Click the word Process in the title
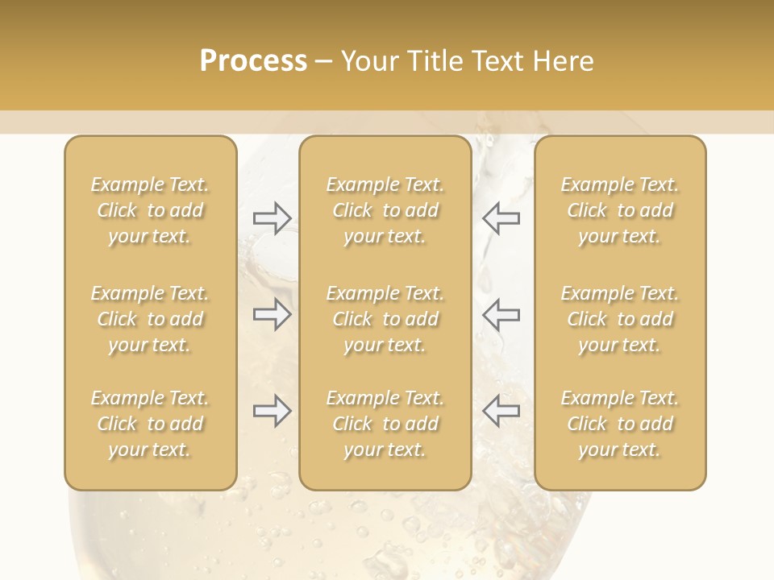pyautogui.click(x=253, y=60)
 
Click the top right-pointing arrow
pyautogui.click(x=273, y=218)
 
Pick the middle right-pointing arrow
pyautogui.click(x=273, y=314)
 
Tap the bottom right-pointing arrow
pyautogui.click(x=273, y=411)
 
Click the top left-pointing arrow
pyautogui.click(x=501, y=218)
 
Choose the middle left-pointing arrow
pyautogui.click(x=501, y=314)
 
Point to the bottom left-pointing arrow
pyautogui.click(x=501, y=411)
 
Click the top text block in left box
pyautogui.click(x=150, y=210)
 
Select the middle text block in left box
pyautogui.click(x=150, y=319)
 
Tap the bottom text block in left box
pyautogui.click(x=150, y=424)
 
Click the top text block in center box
pyautogui.click(x=385, y=210)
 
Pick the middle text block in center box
pyautogui.click(x=385, y=319)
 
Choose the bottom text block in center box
pyautogui.click(x=385, y=424)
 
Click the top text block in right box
pyautogui.click(x=620, y=210)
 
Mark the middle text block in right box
pyautogui.click(x=620, y=319)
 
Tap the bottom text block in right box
pyautogui.click(x=620, y=424)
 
